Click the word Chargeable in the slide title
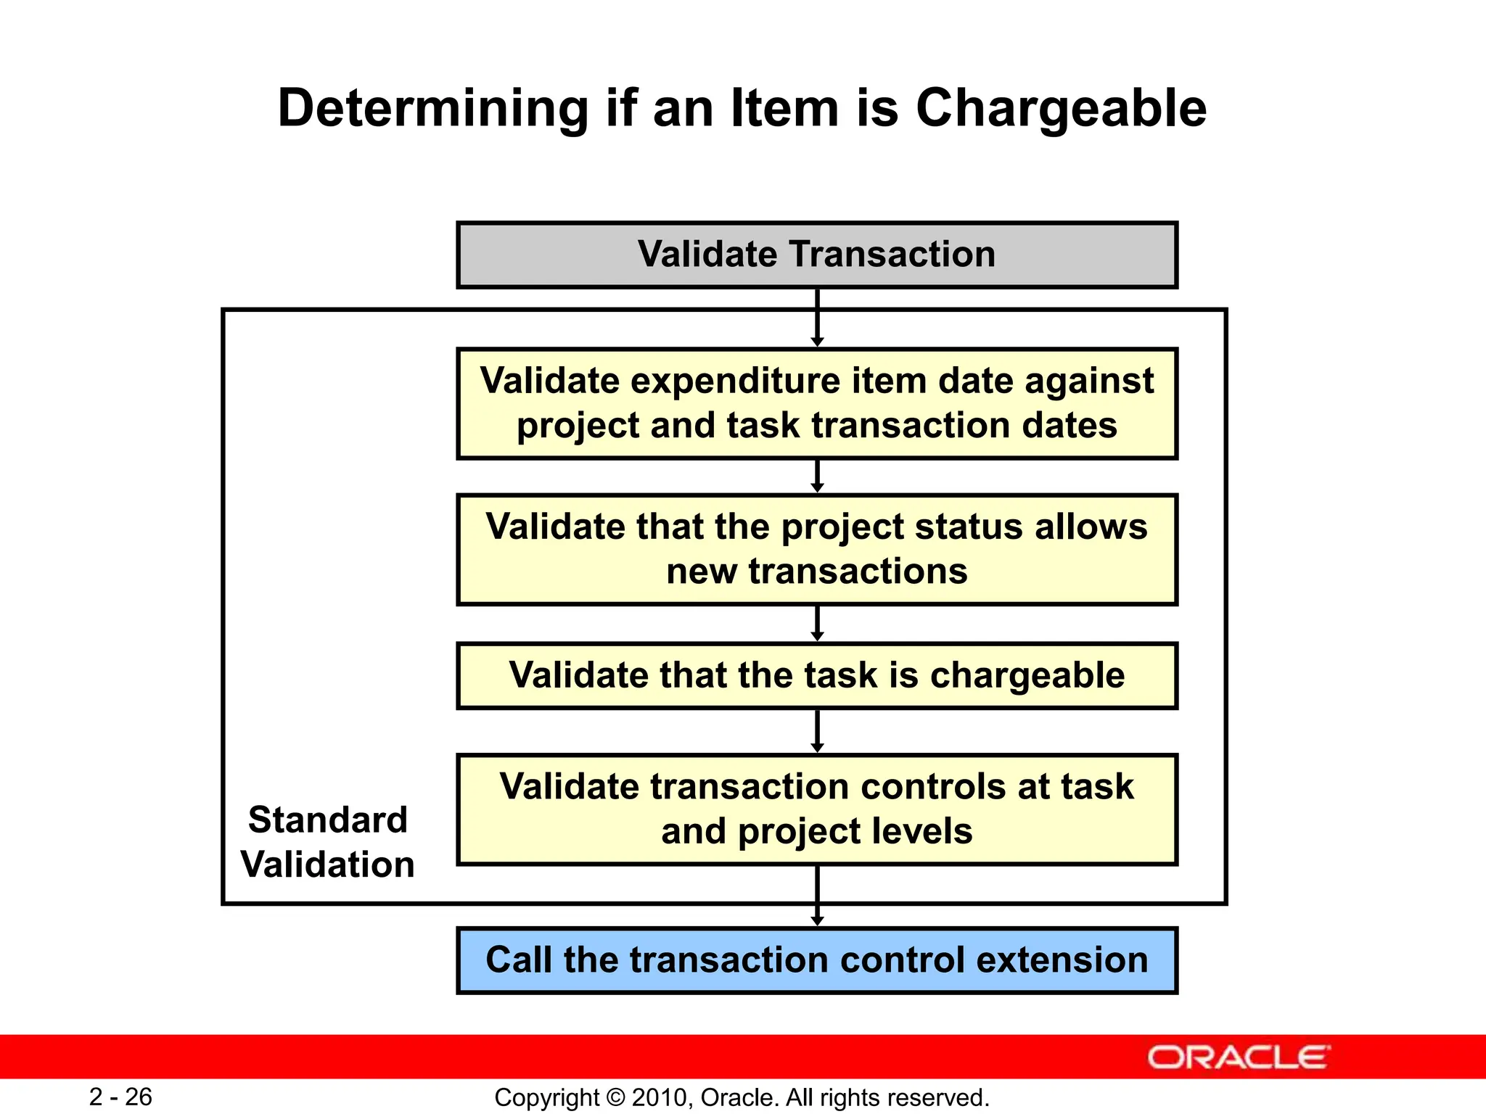click(x=1061, y=109)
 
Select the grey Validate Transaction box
click(x=816, y=255)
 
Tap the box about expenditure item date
click(x=816, y=403)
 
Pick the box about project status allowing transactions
click(x=816, y=549)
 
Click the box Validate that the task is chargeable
click(x=816, y=675)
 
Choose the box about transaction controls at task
click(x=816, y=809)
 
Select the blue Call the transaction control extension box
click(x=816, y=960)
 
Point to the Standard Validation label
click(x=327, y=842)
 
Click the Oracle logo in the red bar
click(x=1238, y=1057)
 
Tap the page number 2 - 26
click(x=120, y=1097)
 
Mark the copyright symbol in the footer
click(x=615, y=1097)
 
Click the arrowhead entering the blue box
click(x=817, y=921)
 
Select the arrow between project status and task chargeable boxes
click(x=817, y=624)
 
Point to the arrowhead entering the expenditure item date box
click(x=817, y=342)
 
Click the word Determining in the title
click(x=432, y=109)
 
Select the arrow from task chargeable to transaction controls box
click(x=817, y=731)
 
